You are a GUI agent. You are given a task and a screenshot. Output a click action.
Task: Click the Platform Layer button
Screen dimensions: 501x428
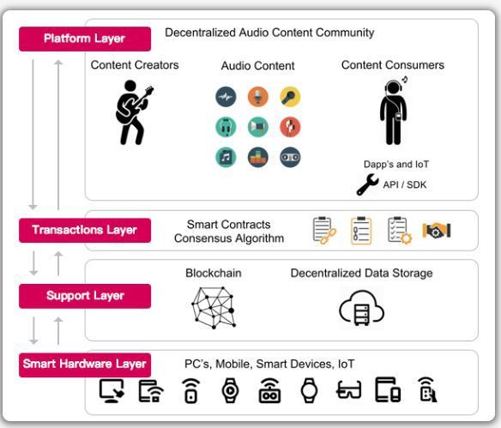85,39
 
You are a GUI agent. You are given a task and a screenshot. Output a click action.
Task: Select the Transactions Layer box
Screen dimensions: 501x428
85,230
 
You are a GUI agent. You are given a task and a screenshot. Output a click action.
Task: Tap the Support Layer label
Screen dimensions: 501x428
85,296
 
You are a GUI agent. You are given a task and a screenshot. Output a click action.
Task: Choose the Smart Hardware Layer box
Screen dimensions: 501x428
85,365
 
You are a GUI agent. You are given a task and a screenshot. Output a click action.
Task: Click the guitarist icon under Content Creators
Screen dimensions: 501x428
133,112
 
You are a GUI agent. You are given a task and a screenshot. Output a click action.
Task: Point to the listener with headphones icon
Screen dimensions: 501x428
394,111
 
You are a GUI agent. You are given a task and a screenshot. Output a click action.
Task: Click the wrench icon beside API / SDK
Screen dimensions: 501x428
367,184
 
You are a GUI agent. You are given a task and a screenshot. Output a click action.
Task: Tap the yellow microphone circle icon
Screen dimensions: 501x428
290,97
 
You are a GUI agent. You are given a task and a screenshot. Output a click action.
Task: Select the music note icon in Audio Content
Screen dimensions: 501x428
226,157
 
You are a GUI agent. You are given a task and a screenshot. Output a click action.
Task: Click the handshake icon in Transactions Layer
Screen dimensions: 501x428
437,230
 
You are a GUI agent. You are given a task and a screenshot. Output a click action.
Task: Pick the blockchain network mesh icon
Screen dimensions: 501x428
214,308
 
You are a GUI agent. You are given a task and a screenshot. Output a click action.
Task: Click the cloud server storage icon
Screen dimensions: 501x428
361,308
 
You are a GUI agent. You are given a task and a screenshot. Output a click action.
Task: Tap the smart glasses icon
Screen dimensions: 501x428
348,389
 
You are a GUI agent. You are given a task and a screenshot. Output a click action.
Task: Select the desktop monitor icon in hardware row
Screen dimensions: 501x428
112,390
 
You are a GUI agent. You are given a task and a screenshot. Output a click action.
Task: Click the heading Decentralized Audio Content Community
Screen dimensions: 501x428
269,33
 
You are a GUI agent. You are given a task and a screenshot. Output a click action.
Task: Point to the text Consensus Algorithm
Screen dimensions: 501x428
229,238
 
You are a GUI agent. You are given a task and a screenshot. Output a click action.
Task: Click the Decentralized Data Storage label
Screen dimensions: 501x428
361,273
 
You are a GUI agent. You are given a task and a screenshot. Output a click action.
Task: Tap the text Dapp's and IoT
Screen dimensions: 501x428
396,164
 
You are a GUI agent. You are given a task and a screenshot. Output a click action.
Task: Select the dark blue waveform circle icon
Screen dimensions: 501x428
226,97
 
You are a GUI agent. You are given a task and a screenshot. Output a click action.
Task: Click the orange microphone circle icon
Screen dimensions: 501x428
258,97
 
